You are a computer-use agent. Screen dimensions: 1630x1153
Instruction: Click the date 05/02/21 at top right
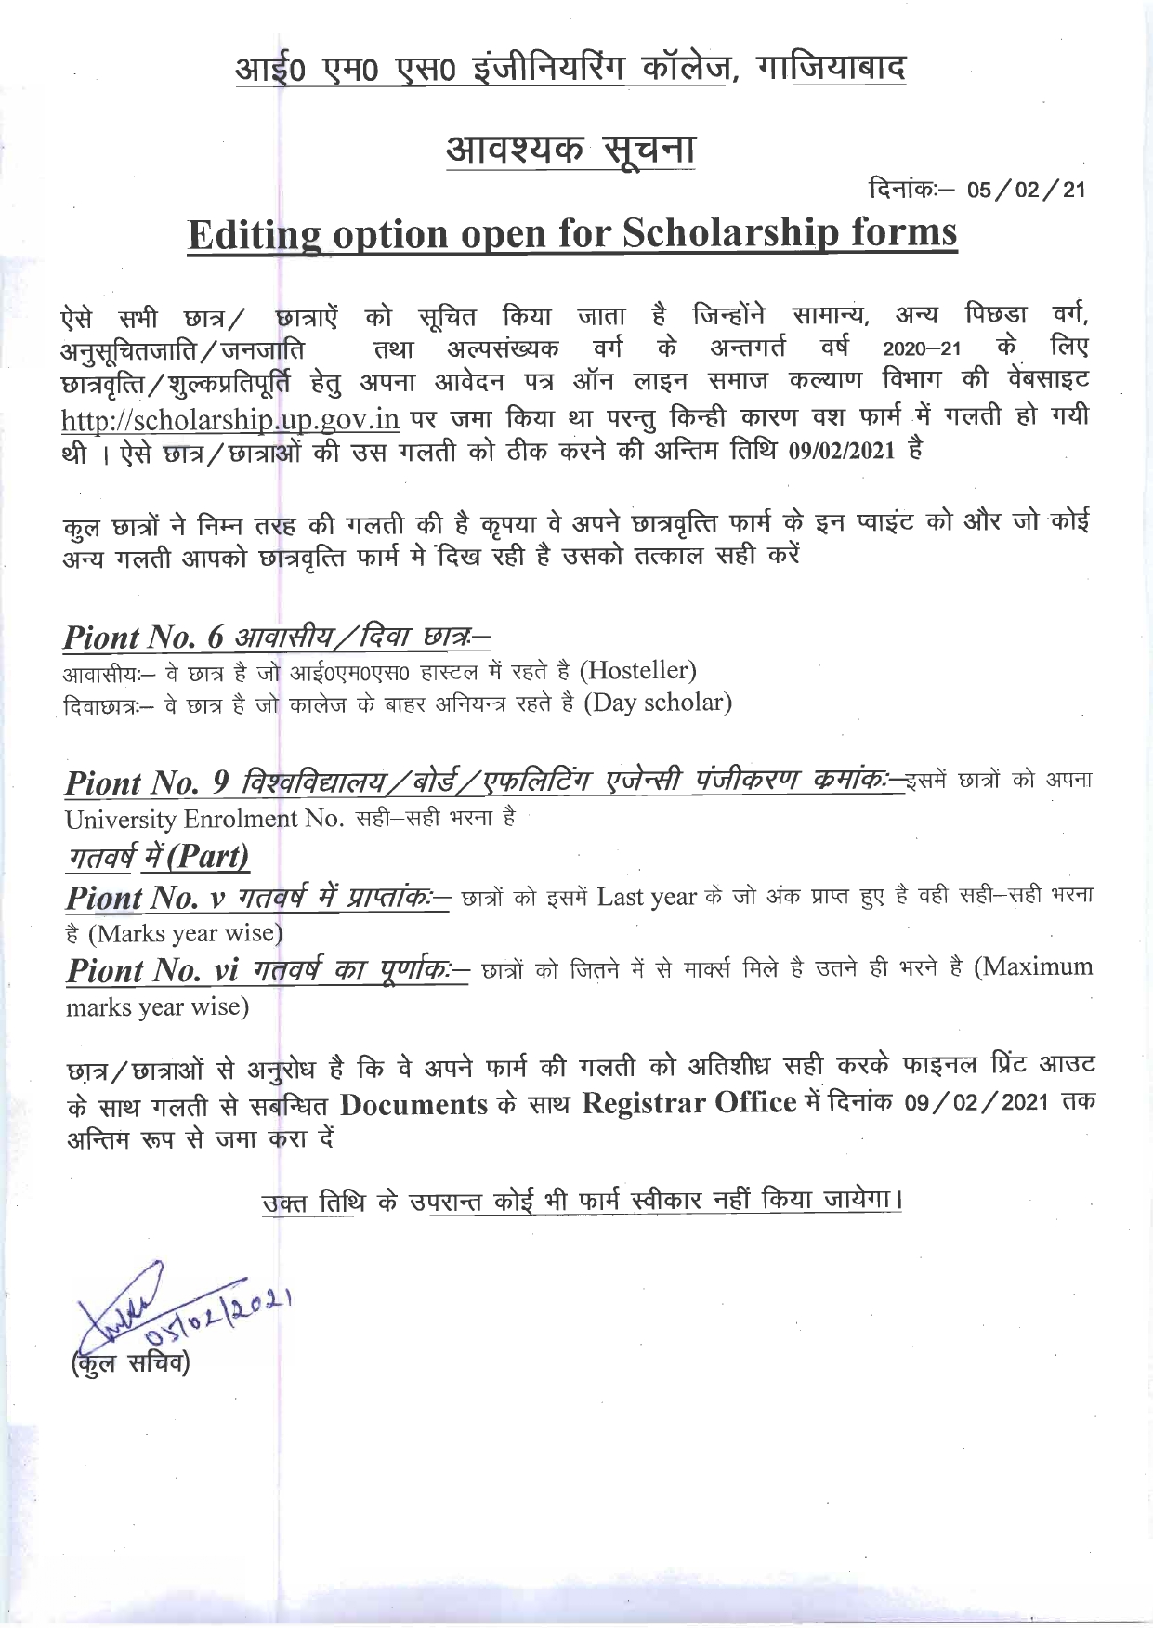pyautogui.click(x=1026, y=190)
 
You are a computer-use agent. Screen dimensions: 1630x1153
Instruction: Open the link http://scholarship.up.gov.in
pyautogui.click(x=230, y=419)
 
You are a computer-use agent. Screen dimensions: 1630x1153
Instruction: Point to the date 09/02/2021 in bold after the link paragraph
pyautogui.click(x=841, y=453)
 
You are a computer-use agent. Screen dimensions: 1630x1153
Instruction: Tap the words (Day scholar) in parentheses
pyautogui.click(x=658, y=703)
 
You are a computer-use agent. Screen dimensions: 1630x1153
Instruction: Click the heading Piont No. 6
pyautogui.click(x=144, y=638)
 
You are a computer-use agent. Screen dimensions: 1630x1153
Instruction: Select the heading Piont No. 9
pyautogui.click(x=147, y=783)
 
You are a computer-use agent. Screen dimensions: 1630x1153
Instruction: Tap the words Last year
pyautogui.click(x=647, y=897)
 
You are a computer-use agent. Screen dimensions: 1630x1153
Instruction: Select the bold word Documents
pyautogui.click(x=413, y=1104)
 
